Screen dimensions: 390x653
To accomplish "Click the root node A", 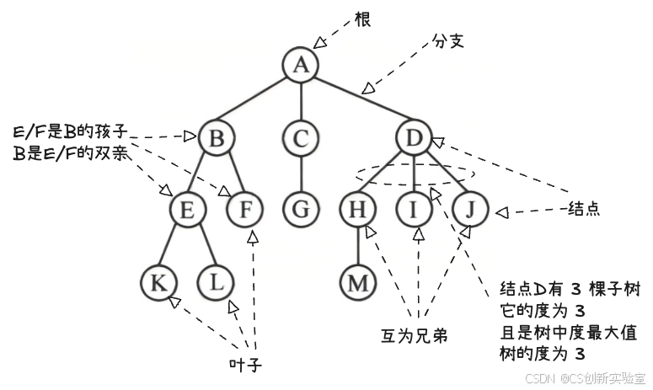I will (x=300, y=65).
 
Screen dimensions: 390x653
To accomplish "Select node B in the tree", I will (x=216, y=137).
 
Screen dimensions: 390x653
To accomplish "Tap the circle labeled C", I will (x=300, y=137).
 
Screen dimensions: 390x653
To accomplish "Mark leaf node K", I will (x=158, y=282).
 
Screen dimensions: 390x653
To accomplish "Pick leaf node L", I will (x=216, y=282).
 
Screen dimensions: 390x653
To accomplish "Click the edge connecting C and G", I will (x=300, y=174).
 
